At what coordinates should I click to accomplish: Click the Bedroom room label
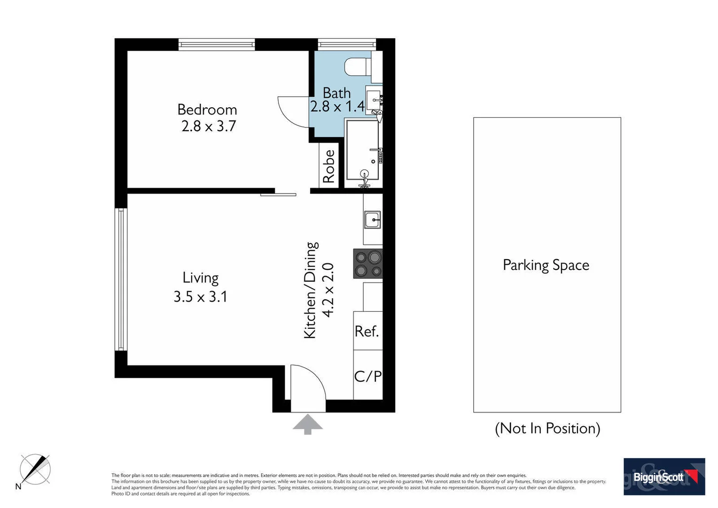(207, 110)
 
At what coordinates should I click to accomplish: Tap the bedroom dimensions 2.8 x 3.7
(209, 127)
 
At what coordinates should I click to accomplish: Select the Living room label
(201, 278)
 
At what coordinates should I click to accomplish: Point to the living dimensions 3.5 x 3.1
(201, 297)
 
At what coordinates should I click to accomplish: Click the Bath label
(336, 93)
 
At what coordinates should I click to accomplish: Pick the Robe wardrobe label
(329, 166)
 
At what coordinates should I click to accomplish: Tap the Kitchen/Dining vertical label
(311, 290)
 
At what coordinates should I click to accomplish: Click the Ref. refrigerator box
(367, 331)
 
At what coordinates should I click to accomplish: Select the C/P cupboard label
(367, 376)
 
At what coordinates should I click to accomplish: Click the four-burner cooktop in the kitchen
(368, 264)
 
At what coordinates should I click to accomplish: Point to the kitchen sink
(373, 220)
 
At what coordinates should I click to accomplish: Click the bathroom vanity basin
(374, 100)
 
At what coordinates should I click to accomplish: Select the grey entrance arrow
(308, 424)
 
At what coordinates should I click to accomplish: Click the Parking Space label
(546, 265)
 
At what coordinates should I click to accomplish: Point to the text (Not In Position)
(547, 429)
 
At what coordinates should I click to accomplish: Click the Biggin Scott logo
(664, 476)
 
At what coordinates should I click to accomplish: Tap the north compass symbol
(35, 469)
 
